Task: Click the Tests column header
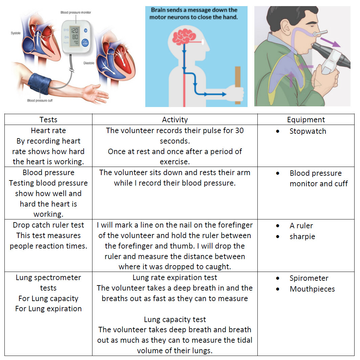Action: [48, 120]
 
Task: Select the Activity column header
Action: [175, 120]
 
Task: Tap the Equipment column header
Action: [306, 120]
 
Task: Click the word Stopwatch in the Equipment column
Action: [308, 131]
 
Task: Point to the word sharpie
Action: [302, 236]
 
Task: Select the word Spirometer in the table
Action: [309, 278]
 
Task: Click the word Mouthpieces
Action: [312, 289]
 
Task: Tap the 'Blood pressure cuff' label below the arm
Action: [40, 101]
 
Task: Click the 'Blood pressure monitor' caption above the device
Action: [76, 13]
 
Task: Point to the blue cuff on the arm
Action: [40, 84]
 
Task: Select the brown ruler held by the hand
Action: [238, 85]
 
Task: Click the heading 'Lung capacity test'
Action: [175, 319]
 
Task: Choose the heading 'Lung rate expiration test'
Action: [175, 278]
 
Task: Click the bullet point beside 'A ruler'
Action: [278, 226]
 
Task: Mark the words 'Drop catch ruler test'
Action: [48, 225]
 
